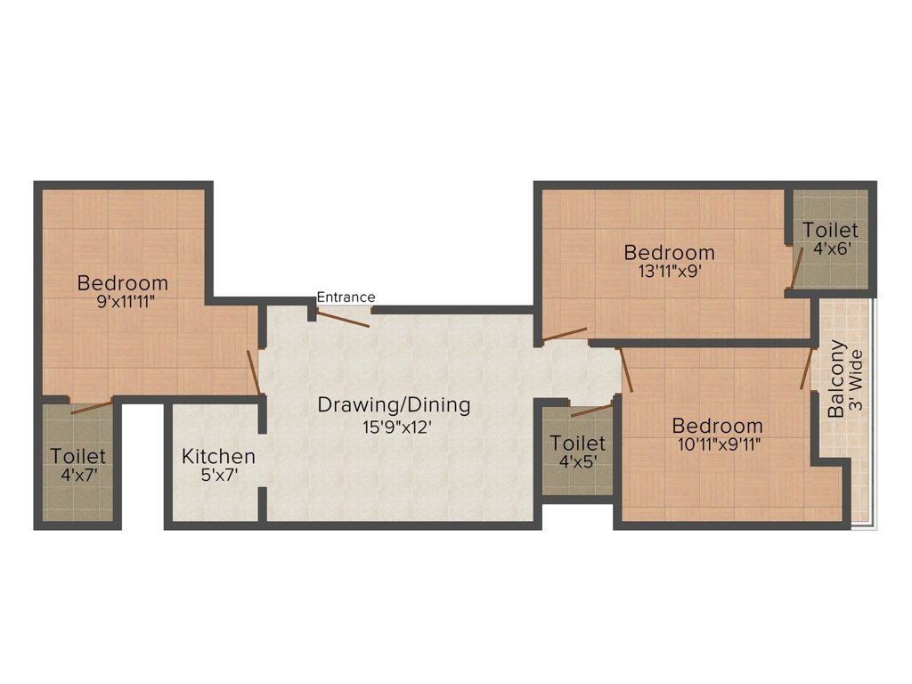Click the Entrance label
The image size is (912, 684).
coord(346,297)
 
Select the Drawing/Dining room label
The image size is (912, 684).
coord(394,405)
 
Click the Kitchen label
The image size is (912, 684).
coord(218,457)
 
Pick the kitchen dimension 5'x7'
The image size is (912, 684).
coord(218,476)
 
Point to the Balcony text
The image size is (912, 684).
coord(837,379)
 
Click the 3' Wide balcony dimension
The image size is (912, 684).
coord(856,379)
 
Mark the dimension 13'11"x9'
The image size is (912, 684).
coord(669,272)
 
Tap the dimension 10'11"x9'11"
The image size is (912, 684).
coord(717,444)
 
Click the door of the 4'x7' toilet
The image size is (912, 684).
coord(91,407)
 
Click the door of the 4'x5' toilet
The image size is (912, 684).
coord(592,410)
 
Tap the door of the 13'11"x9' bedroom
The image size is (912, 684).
coord(565,335)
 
